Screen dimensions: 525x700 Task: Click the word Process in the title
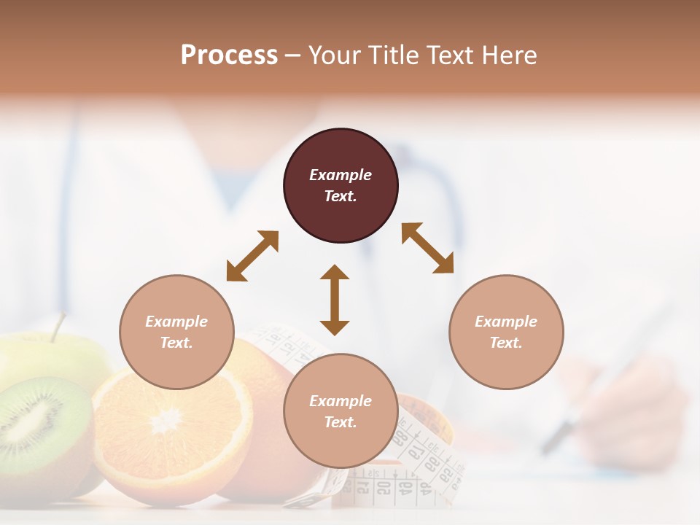click(229, 55)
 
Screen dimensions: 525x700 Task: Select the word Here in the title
click(510, 55)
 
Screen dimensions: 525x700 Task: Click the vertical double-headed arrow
click(335, 300)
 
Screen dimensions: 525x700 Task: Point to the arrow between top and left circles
click(252, 256)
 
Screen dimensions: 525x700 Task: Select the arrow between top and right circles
click(428, 248)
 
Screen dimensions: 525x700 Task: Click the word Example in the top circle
click(341, 175)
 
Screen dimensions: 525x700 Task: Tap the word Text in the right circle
click(506, 343)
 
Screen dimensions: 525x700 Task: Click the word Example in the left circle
click(176, 322)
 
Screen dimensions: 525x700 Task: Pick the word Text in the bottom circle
click(341, 422)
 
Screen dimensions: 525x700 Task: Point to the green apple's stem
click(58, 327)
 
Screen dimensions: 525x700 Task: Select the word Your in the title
click(332, 55)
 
